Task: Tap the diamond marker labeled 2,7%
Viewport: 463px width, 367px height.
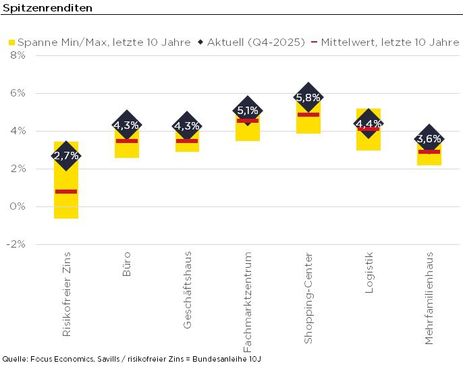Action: (66, 156)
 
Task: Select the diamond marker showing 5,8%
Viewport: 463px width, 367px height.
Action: (308, 98)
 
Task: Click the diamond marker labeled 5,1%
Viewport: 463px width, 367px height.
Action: (248, 111)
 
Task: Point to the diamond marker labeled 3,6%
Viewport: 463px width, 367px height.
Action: (429, 139)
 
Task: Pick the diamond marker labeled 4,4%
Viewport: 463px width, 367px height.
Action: (369, 123)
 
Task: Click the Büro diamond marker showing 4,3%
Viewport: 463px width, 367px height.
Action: (126, 125)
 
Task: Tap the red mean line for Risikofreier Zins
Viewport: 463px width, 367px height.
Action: (66, 192)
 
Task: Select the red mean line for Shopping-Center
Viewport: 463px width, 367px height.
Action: (308, 115)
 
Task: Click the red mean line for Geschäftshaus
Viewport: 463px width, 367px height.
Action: (187, 141)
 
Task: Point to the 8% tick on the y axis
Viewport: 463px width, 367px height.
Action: (18, 55)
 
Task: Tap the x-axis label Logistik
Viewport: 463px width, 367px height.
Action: (369, 272)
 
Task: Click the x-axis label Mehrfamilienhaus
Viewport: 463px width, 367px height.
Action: (429, 298)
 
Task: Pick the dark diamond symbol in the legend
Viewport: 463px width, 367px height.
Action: (200, 42)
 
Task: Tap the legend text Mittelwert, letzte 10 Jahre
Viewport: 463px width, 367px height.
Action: (390, 42)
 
